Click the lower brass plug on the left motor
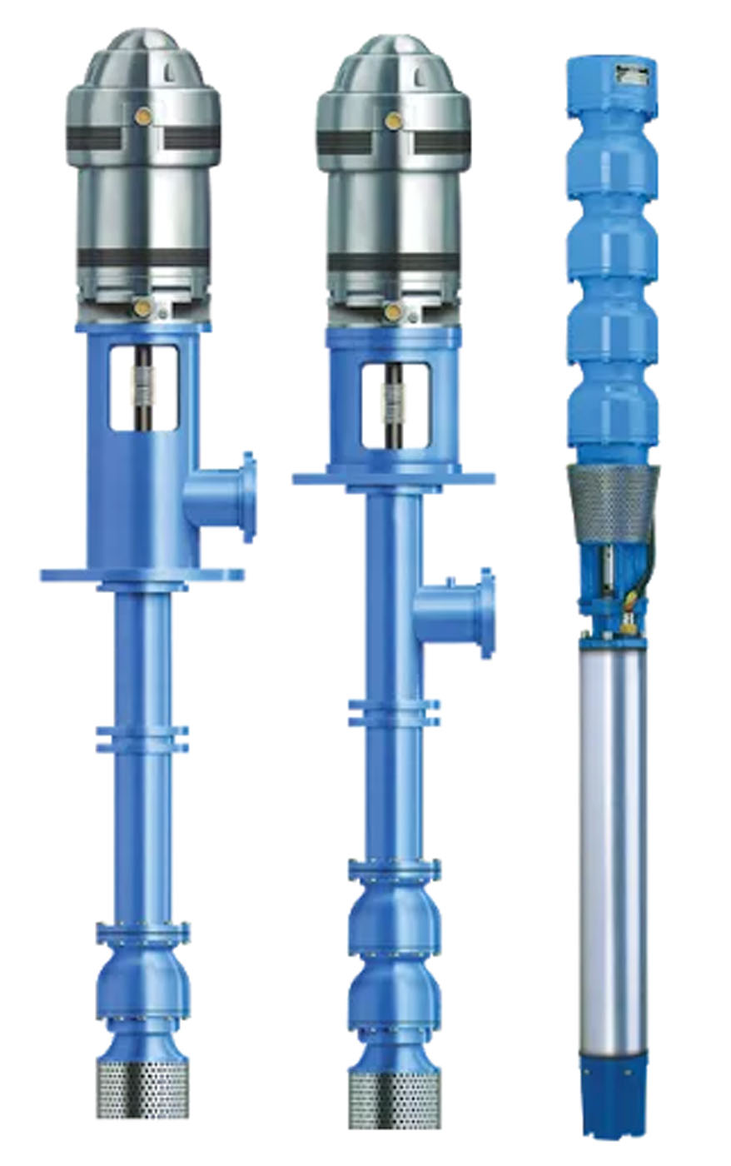(142, 308)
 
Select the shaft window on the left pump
(143, 388)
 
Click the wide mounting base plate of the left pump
(142, 575)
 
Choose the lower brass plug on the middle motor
(392, 311)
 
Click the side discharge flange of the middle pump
(485, 613)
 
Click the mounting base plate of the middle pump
(393, 479)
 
